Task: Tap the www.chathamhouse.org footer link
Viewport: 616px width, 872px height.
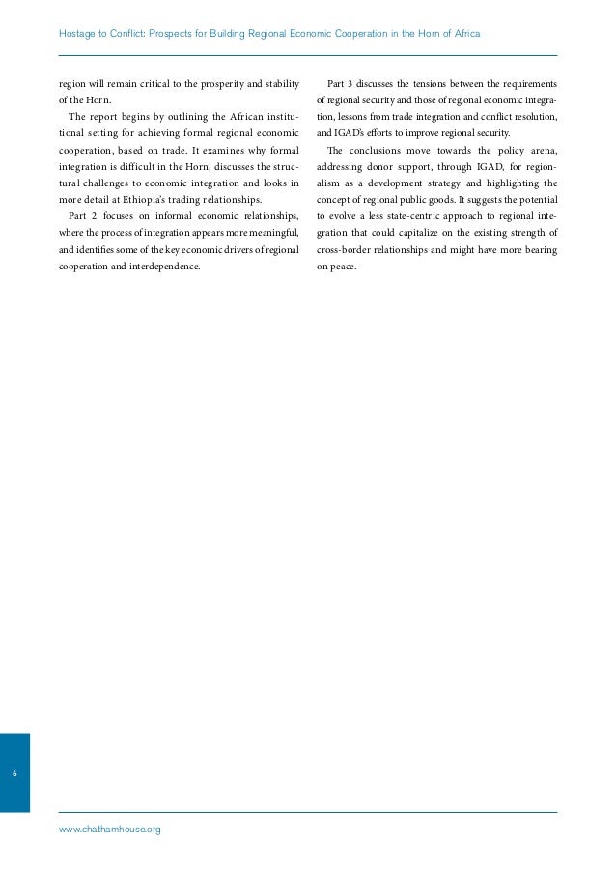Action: (x=109, y=830)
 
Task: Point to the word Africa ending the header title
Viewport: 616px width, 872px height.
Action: (x=465, y=35)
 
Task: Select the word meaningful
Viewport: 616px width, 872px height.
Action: (x=274, y=243)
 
